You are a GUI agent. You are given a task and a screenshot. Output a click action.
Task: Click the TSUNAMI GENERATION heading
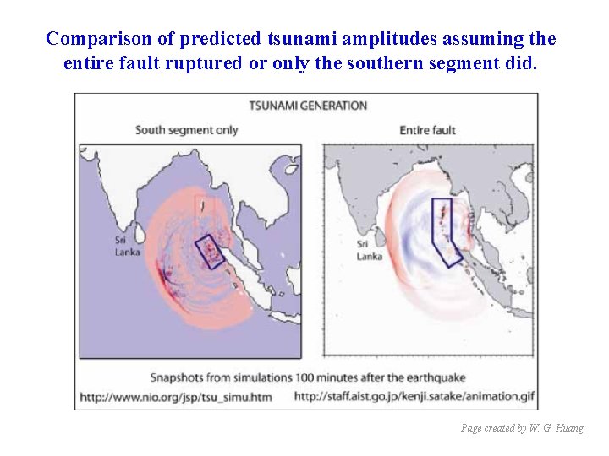308,106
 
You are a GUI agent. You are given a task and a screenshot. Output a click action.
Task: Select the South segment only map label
187,130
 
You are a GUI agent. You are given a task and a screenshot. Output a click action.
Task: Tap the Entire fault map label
427,130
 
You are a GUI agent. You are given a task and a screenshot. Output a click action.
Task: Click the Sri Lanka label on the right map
369,251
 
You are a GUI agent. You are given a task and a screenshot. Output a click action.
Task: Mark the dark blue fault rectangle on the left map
209,251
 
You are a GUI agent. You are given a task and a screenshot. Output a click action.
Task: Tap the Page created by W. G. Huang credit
522,428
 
